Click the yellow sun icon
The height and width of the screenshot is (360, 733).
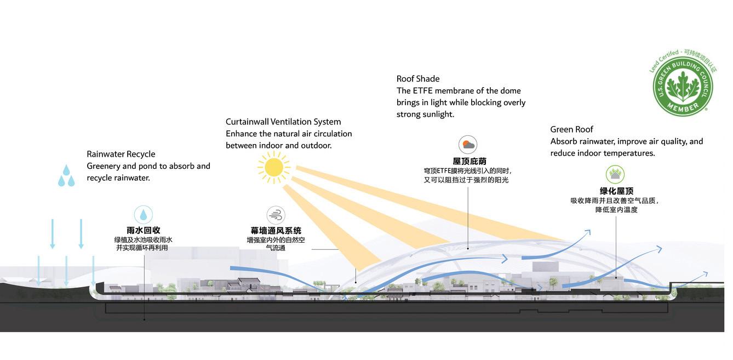[273, 167]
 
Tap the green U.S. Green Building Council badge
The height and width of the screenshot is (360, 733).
[683, 85]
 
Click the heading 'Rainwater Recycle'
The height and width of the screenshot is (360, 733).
[121, 154]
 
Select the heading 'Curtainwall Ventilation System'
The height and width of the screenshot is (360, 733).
[283, 122]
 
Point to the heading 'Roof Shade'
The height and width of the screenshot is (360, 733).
[418, 79]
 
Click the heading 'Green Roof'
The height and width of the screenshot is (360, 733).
[571, 129]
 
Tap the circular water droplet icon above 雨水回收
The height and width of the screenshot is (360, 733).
[144, 214]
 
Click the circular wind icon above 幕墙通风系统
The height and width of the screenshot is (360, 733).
[276, 215]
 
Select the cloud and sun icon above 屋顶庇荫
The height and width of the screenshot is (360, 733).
[468, 145]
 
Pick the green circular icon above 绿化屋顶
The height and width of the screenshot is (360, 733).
[615, 175]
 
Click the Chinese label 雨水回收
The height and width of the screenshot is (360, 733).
[144, 230]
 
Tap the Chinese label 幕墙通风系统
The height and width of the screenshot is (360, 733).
[276, 231]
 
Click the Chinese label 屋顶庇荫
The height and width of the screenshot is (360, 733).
[469, 161]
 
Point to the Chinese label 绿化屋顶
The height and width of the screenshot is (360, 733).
[616, 191]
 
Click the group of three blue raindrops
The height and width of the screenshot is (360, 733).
[66, 175]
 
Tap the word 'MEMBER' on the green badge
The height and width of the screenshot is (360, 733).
[683, 107]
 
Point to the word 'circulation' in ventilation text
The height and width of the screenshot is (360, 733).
[331, 134]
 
